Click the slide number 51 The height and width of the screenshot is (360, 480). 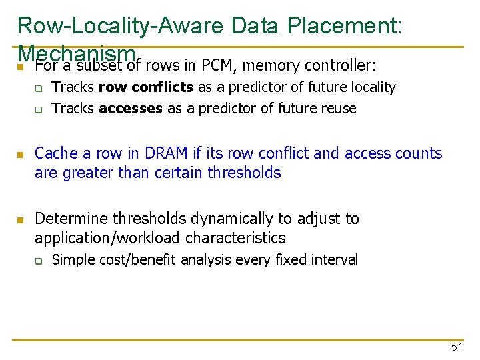[457, 347]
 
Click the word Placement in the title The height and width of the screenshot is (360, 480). [343, 25]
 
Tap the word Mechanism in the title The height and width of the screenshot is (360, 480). [77, 52]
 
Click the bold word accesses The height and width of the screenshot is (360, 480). [131, 108]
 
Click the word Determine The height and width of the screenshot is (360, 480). [71, 219]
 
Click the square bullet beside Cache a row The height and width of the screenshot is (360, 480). [21, 155]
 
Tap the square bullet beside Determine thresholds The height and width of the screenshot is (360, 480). [21, 220]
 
